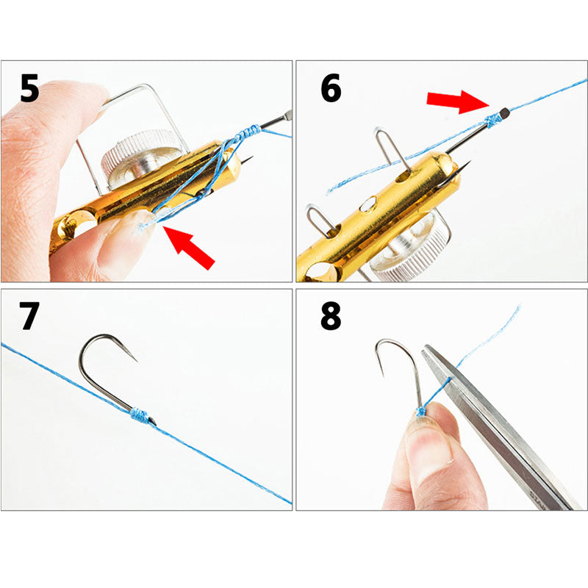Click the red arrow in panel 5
tap(189, 246)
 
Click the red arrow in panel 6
tap(456, 101)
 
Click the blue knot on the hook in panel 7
tap(140, 415)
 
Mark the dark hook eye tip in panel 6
tap(504, 113)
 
